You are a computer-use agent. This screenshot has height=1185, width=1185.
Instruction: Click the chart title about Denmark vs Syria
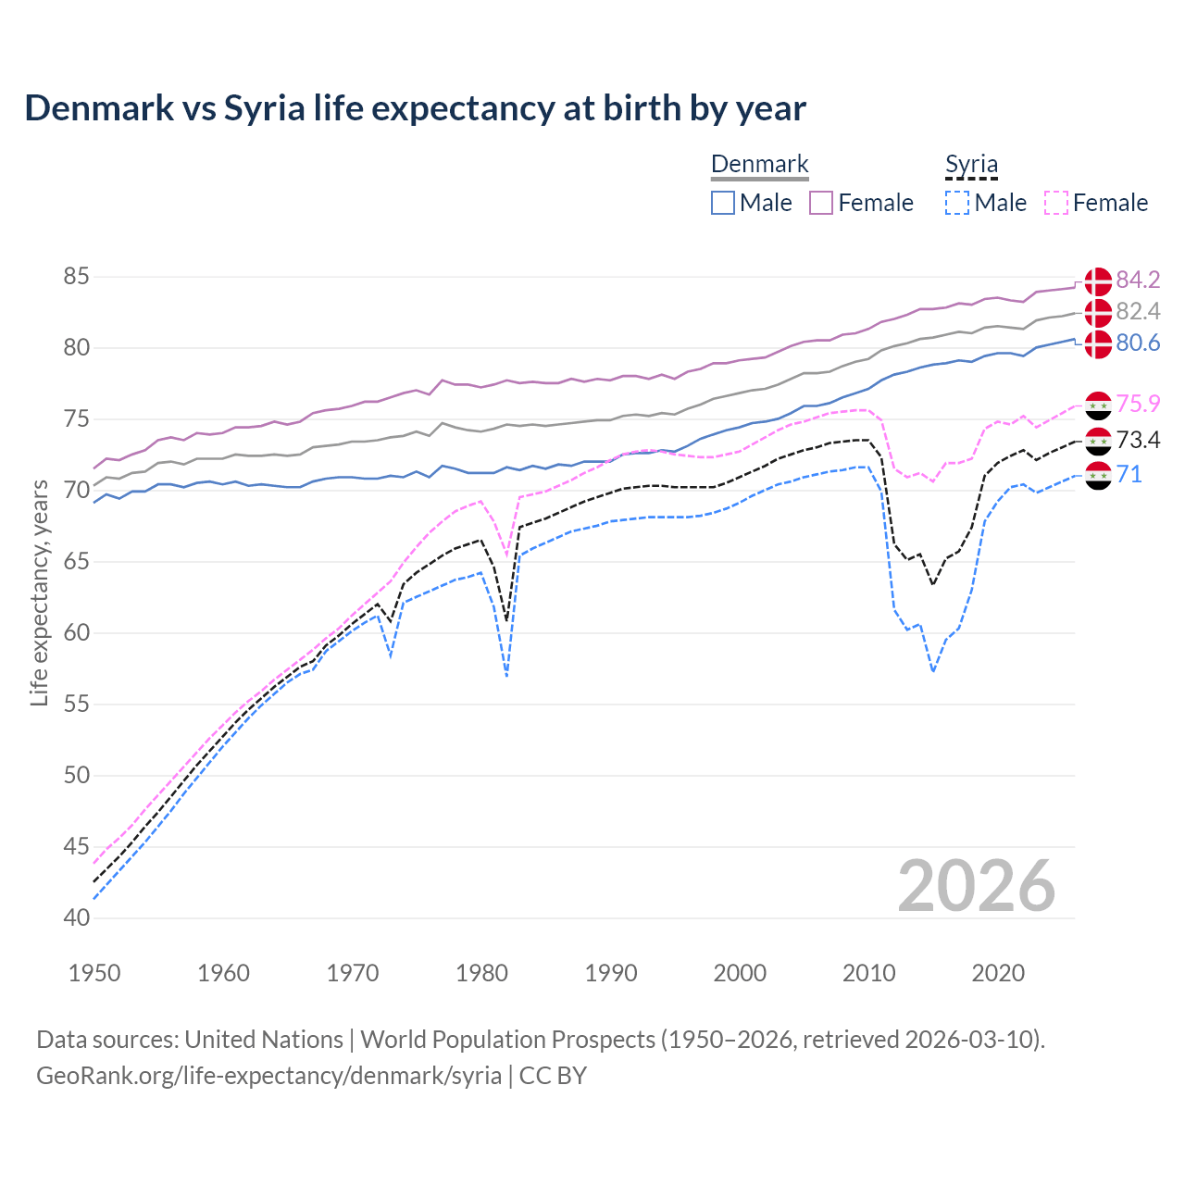(x=415, y=108)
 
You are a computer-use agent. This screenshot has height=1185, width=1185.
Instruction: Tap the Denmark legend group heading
(x=759, y=165)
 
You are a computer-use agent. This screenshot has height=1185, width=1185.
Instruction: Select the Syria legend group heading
(x=971, y=165)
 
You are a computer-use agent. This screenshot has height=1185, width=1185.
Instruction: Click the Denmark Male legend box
(x=723, y=203)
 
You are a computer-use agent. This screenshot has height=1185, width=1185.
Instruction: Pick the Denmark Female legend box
(x=821, y=203)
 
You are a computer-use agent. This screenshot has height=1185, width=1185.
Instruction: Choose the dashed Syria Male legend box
(x=957, y=203)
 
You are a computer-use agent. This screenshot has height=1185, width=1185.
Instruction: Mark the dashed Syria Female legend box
(x=1055, y=203)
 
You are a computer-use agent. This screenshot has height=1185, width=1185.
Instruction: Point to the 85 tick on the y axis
(x=77, y=277)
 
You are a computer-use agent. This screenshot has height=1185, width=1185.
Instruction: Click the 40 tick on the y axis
(x=77, y=918)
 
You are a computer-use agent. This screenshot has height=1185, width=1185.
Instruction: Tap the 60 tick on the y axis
(x=77, y=633)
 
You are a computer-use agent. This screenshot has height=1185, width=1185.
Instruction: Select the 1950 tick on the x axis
(x=94, y=973)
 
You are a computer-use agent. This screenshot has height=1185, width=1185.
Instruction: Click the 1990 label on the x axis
(x=611, y=973)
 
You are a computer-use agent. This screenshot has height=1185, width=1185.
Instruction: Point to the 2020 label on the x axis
(x=998, y=973)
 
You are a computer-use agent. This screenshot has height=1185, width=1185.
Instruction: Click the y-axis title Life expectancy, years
(x=40, y=592)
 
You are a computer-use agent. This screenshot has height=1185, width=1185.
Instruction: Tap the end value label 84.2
(x=1138, y=280)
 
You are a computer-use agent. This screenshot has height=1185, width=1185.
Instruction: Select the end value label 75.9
(x=1138, y=404)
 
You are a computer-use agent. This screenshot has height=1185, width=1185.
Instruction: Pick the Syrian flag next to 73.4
(x=1098, y=441)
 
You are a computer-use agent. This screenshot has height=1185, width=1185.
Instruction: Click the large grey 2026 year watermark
(x=977, y=886)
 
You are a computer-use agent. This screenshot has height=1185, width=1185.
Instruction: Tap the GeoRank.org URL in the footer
(x=268, y=1076)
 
